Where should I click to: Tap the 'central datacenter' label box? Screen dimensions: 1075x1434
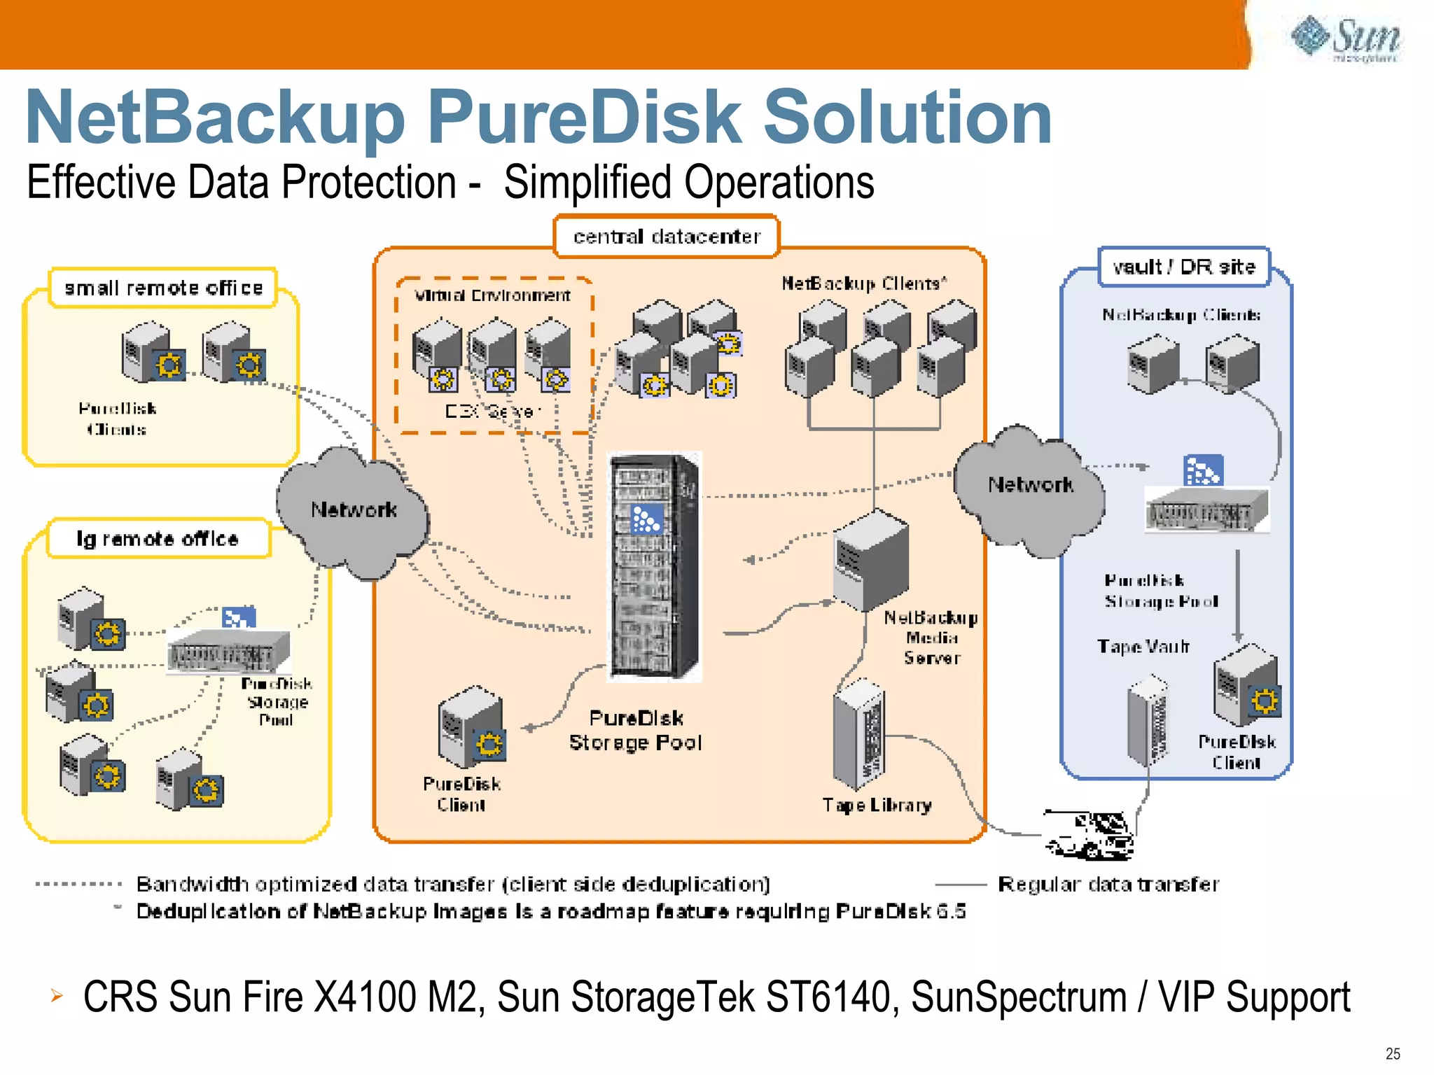click(667, 237)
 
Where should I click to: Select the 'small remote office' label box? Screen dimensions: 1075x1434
click(163, 288)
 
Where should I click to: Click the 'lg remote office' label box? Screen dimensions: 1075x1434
click(158, 538)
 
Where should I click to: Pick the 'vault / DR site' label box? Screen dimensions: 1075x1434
click(1183, 267)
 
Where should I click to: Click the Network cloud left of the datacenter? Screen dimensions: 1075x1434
click(353, 511)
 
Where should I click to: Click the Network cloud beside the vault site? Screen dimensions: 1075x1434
click(1029, 486)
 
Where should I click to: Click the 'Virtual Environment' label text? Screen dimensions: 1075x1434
click(492, 295)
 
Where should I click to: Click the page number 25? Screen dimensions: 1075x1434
click(1393, 1053)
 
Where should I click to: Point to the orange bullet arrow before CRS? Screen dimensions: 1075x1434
click(57, 995)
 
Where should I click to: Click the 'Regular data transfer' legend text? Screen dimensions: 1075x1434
click(1108, 884)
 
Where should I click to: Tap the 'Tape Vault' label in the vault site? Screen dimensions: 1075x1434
click(1143, 646)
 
